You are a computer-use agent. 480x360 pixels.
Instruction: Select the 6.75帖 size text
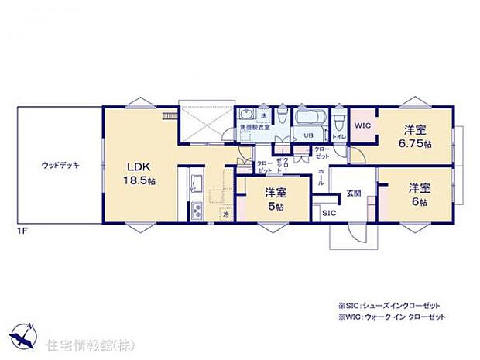pos(415,144)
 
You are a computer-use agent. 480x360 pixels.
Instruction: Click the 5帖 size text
pos(275,207)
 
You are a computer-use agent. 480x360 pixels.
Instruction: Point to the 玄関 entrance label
pos(353,193)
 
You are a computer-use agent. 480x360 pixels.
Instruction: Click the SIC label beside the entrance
pos(328,211)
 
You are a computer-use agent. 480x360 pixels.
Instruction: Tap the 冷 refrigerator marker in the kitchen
pos(225,214)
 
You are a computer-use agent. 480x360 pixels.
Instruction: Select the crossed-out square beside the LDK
pos(205,121)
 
